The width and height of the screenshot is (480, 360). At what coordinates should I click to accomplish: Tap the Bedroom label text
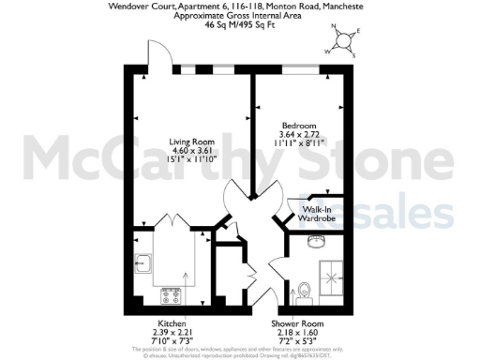point(299,126)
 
